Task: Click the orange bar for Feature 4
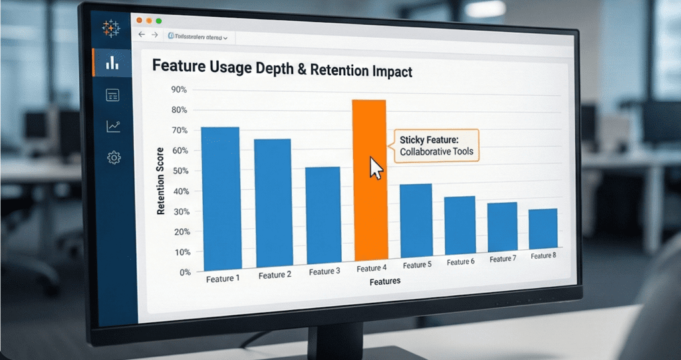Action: click(369, 180)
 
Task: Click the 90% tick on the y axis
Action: click(179, 90)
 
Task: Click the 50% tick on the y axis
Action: click(180, 171)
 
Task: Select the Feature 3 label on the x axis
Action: click(325, 272)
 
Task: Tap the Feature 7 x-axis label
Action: click(501, 259)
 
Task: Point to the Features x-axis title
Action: click(385, 281)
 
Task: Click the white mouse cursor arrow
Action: click(376, 168)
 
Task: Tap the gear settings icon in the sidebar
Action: click(113, 158)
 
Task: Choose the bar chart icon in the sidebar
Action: click(112, 63)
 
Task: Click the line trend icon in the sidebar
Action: click(113, 126)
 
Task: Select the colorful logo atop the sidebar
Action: click(110, 28)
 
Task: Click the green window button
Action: click(158, 21)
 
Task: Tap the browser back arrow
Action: click(141, 35)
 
